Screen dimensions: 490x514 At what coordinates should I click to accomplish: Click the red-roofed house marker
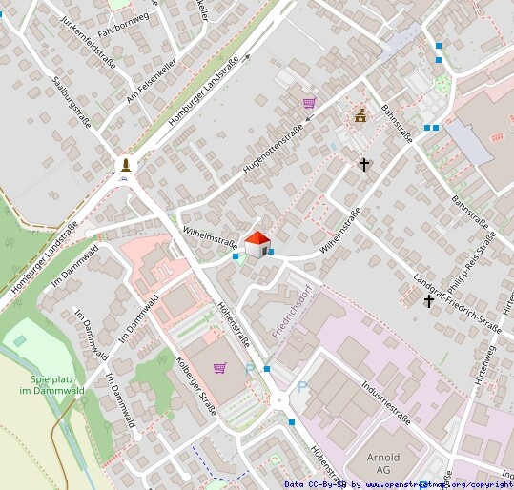(x=257, y=243)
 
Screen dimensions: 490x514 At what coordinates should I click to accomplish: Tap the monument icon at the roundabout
(x=125, y=165)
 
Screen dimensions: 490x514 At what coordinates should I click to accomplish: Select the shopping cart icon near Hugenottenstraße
(x=309, y=103)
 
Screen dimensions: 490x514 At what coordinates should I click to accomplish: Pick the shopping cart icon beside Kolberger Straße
(x=220, y=367)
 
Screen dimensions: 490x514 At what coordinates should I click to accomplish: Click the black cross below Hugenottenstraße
(x=363, y=165)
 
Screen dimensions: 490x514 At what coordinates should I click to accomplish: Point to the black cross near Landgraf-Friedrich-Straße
(x=429, y=301)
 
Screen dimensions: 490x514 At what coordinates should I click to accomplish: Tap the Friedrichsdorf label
(x=293, y=311)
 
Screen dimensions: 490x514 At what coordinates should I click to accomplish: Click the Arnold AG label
(x=383, y=462)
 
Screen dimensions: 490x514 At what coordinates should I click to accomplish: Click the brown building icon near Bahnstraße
(x=360, y=116)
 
